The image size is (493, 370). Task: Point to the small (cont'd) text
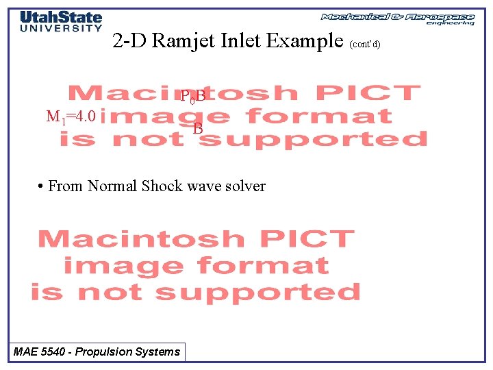(x=364, y=45)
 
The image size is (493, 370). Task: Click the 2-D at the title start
(x=129, y=41)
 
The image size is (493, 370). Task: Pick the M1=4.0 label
(x=71, y=116)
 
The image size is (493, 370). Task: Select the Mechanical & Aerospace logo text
(x=397, y=16)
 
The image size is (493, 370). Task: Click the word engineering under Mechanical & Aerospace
(x=450, y=23)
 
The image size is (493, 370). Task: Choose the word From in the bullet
(x=66, y=186)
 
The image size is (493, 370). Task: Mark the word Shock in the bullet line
(x=160, y=186)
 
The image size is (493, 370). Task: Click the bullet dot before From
(x=42, y=186)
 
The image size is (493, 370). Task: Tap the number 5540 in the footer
(x=54, y=352)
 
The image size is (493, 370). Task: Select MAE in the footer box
(x=25, y=352)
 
